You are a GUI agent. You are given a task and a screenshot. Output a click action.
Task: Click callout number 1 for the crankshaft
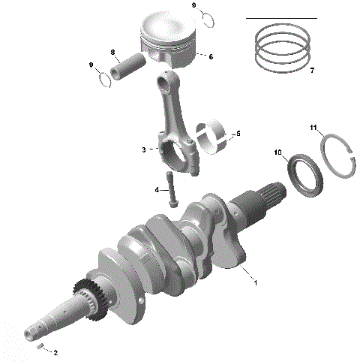(x=256, y=283)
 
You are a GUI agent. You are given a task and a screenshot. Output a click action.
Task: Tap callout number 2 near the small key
(x=55, y=351)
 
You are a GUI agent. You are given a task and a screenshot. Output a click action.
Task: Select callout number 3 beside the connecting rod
(x=143, y=150)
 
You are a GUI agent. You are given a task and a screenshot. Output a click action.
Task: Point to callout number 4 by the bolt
(x=157, y=190)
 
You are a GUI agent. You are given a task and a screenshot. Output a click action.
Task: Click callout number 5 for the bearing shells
(x=238, y=134)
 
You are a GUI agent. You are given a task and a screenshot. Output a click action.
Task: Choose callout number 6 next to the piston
(x=211, y=56)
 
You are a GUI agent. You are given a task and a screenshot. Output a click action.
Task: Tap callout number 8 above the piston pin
(x=112, y=53)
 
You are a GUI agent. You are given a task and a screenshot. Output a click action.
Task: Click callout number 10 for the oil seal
(x=277, y=153)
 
